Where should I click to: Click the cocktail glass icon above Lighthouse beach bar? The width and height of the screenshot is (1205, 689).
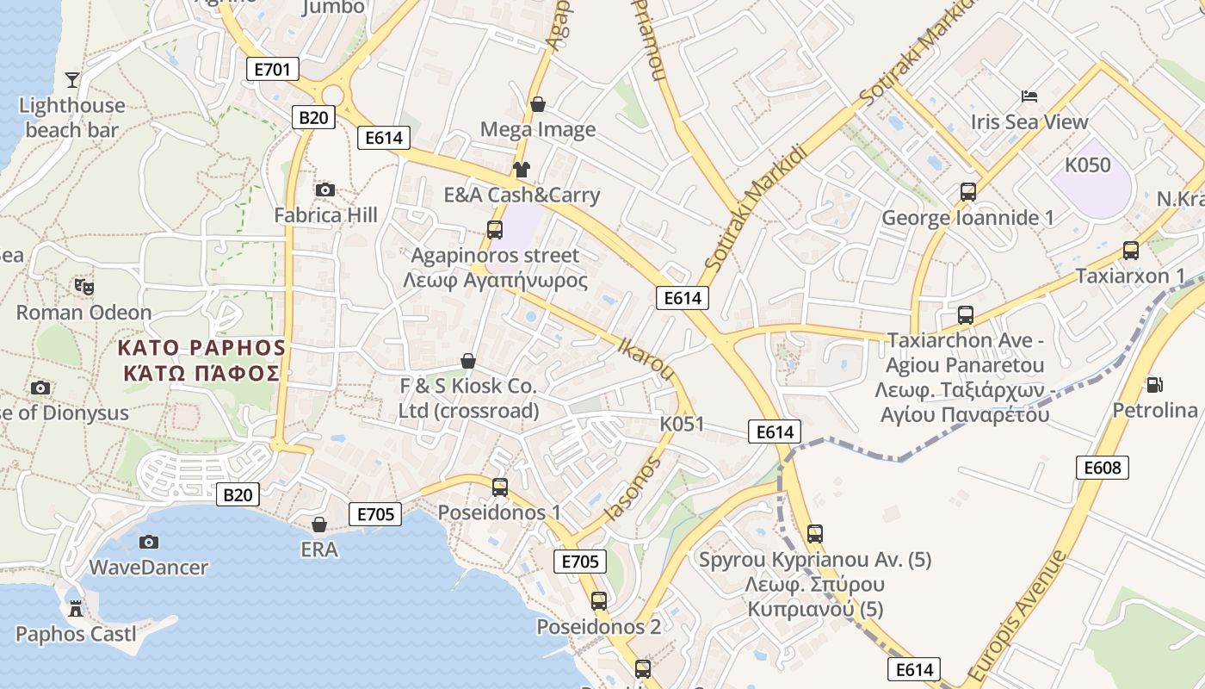[x=72, y=80]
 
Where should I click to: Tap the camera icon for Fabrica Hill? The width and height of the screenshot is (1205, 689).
[x=325, y=189]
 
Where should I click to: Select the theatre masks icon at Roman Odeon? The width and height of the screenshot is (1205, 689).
[x=83, y=286]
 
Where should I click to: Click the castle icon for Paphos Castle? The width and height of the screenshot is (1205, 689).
[x=76, y=609]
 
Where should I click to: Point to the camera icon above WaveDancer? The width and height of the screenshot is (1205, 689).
[x=149, y=542]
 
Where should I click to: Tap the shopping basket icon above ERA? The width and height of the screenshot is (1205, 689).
[x=319, y=524]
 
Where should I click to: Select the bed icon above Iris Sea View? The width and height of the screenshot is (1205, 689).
[x=1029, y=96]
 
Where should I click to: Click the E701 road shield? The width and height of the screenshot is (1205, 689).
[x=272, y=69]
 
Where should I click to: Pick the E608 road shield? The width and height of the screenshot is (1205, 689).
[x=1103, y=468]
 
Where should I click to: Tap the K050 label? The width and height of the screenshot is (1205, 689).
[x=1088, y=164]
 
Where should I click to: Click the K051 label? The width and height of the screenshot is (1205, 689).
[x=682, y=424]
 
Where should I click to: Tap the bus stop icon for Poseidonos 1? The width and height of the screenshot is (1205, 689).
[x=500, y=487]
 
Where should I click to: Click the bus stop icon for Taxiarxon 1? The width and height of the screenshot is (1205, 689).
[x=1131, y=251]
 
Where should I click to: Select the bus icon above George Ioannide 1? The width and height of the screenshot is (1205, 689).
[x=968, y=191]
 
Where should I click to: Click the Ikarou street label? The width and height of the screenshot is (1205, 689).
[x=646, y=357]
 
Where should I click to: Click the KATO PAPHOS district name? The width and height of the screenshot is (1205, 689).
[x=202, y=348]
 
